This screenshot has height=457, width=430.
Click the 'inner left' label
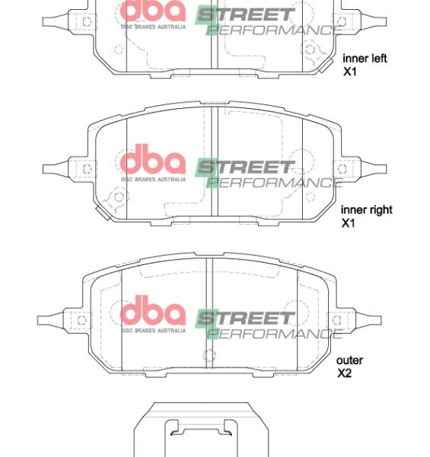tap(365, 58)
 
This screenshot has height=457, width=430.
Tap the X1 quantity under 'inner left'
tap(349, 72)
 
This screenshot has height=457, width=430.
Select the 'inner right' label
tap(366, 209)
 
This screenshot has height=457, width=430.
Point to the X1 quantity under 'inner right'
tap(348, 223)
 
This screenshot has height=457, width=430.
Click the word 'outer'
tap(349, 360)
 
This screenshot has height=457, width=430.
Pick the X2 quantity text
tap(344, 373)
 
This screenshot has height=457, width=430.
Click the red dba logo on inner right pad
tap(153, 161)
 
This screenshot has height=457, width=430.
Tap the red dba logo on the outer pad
tap(153, 312)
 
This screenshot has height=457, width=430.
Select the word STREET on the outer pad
tap(245, 318)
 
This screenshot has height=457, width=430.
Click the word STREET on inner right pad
tap(245, 166)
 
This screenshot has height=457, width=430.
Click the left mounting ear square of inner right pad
tap(87, 169)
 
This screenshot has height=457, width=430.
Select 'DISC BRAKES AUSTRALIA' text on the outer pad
tap(153, 330)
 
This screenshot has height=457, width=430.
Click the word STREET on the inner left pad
tap(245, 14)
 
